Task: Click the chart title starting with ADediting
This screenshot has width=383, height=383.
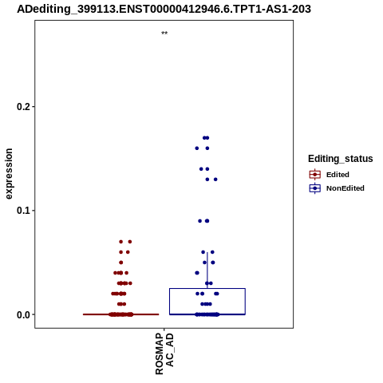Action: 164,10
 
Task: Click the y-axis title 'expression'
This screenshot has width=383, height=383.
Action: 9,174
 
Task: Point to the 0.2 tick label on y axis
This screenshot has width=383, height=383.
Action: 24,107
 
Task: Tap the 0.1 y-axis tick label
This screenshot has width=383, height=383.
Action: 24,211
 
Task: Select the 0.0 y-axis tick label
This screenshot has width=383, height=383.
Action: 24,314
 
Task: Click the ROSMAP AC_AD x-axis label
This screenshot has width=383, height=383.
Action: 164,354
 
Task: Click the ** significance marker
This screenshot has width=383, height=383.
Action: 164,34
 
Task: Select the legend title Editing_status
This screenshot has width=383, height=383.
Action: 341,159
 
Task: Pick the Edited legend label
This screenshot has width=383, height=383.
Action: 338,175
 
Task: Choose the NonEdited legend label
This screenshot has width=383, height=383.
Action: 345,188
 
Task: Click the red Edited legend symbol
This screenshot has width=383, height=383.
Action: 315,175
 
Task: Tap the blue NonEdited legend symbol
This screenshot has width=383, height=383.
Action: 315,188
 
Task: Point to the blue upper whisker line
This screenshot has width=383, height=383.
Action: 207,270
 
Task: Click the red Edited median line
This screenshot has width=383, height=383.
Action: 121,314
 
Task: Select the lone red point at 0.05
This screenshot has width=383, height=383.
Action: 121,263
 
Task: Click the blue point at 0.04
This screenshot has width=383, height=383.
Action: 197,273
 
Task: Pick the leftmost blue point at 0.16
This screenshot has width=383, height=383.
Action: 197,148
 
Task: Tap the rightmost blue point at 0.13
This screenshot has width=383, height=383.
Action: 215,180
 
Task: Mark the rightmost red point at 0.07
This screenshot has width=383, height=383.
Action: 130,242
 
